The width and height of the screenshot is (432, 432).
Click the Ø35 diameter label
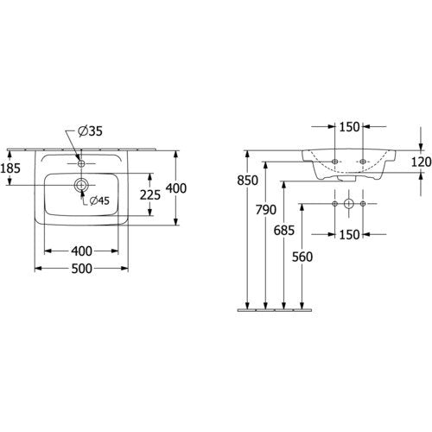coord(90,131)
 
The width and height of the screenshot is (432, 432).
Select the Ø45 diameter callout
coord(99,200)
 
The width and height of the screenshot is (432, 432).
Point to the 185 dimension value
coord(10,168)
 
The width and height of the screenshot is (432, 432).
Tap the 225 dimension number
coord(150,195)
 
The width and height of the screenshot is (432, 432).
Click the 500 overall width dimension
coord(82,269)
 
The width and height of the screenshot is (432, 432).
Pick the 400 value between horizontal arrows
coord(82,251)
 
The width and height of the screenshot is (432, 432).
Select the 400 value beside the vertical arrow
coord(176,188)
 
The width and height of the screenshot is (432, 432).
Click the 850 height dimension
coord(247,181)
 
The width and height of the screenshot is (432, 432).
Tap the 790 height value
coord(266,210)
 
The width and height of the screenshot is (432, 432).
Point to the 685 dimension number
coord(284,230)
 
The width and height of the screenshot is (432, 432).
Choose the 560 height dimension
coord(302,257)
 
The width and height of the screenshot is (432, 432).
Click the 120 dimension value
coord(421,162)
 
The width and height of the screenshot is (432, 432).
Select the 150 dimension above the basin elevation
coord(349,127)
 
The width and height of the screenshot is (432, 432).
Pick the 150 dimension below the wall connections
coord(349,235)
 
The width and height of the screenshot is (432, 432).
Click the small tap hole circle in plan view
coord(81,163)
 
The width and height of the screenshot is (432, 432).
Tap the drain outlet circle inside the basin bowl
coord(81,185)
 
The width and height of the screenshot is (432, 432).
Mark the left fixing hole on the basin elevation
coord(334,162)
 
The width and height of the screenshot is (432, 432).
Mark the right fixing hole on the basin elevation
coord(363,162)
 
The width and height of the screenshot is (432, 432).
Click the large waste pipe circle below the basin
coord(349,204)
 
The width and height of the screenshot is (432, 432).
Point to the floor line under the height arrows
coord(275,310)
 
